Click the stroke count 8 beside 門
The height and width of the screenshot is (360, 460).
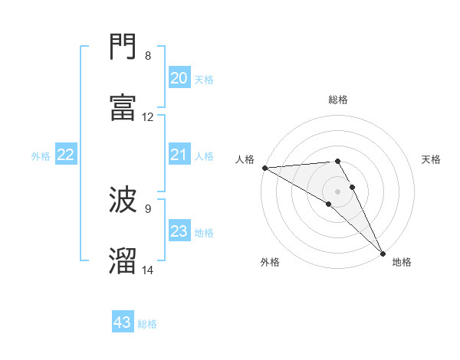[147, 56]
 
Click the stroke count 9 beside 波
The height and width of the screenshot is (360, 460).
[147, 208]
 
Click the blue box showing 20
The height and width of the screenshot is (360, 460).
[179, 78]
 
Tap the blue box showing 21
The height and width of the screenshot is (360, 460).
[179, 155]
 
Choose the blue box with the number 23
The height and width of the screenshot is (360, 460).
[179, 232]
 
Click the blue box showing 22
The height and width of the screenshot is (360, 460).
[66, 155]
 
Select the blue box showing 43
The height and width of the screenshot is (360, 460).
[123, 323]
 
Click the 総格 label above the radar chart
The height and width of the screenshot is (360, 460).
[338, 100]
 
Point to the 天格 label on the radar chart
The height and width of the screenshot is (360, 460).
[431, 159]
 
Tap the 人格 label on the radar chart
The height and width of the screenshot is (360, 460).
[244, 159]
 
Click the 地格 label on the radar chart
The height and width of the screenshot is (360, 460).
[402, 262]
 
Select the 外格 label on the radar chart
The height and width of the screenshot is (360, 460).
[270, 262]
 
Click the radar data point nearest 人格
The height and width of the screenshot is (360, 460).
[264, 168]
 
